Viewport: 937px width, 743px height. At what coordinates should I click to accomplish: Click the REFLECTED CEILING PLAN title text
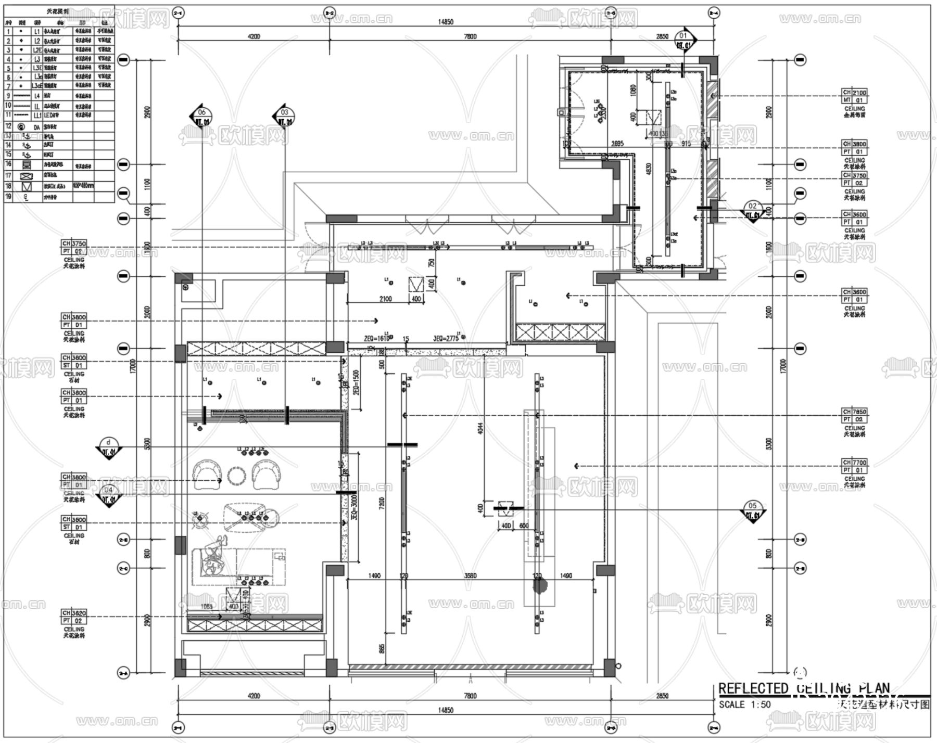point(804,688)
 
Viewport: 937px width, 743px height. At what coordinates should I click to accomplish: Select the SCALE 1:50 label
point(744,704)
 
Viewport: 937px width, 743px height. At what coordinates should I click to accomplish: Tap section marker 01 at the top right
point(683,40)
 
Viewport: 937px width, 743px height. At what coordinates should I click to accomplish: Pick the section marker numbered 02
point(752,210)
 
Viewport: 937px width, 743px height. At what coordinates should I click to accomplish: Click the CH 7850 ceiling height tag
point(855,415)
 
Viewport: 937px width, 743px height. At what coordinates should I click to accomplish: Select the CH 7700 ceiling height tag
point(855,466)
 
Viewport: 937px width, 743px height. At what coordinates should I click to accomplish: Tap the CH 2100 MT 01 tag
point(855,96)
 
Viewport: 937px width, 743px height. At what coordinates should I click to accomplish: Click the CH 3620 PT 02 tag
point(74,617)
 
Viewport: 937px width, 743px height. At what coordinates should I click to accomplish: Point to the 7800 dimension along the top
point(470,36)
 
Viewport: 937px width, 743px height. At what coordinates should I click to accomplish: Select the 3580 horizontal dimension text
point(470,575)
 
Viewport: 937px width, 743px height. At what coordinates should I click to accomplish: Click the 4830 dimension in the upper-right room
point(649,169)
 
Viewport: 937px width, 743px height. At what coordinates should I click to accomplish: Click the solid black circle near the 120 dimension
point(540,585)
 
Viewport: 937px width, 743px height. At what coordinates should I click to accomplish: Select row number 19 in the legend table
point(8,197)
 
